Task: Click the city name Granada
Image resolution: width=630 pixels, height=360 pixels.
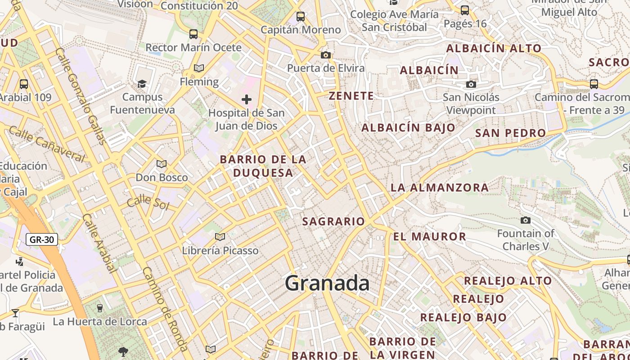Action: pyautogui.click(x=327, y=283)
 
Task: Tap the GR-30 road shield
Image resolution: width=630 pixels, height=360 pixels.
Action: pyautogui.click(x=42, y=239)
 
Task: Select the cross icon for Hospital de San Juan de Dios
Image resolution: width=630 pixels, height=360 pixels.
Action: pyautogui.click(x=246, y=99)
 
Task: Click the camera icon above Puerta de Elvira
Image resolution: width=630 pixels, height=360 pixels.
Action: pyautogui.click(x=326, y=55)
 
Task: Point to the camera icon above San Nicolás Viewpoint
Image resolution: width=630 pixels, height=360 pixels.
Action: pyautogui.click(x=471, y=84)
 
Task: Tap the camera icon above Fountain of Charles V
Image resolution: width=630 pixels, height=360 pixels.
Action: pyautogui.click(x=525, y=220)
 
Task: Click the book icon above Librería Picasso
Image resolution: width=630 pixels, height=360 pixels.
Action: pyautogui.click(x=220, y=237)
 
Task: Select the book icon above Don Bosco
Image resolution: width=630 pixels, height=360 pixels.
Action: pyautogui.click(x=162, y=164)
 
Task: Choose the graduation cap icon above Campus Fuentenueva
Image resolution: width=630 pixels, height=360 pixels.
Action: pyautogui.click(x=142, y=84)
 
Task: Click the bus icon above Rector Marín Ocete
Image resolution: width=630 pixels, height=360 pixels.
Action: pyautogui.click(x=193, y=34)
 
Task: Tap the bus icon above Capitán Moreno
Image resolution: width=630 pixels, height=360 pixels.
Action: pyautogui.click(x=301, y=17)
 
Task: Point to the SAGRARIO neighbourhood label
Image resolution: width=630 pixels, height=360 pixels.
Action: pyautogui.click(x=333, y=221)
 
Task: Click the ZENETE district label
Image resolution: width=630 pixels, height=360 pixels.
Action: pyautogui.click(x=351, y=96)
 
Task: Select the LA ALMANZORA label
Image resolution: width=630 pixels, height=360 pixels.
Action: pyautogui.click(x=440, y=188)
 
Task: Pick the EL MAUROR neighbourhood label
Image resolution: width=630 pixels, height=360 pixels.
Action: pyautogui.click(x=430, y=237)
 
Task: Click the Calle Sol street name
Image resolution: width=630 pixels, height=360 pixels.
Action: pyautogui.click(x=148, y=203)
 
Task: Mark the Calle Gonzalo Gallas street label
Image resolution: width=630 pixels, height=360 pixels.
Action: pyautogui.click(x=81, y=96)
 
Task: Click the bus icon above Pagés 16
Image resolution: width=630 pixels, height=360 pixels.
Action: pyautogui.click(x=465, y=10)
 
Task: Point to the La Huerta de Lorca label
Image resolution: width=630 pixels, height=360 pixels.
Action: pyautogui.click(x=100, y=322)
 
